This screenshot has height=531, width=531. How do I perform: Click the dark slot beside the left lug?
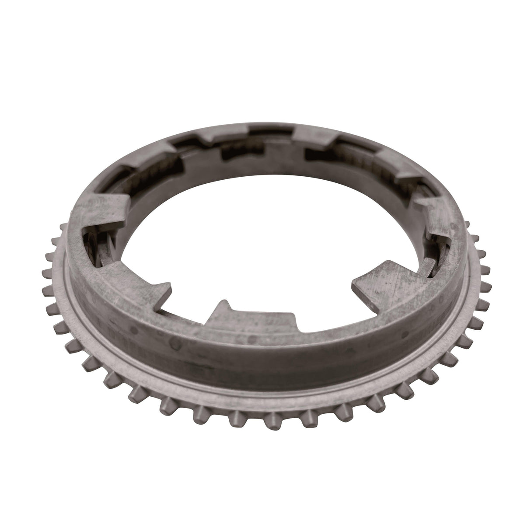pos(94,245)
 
